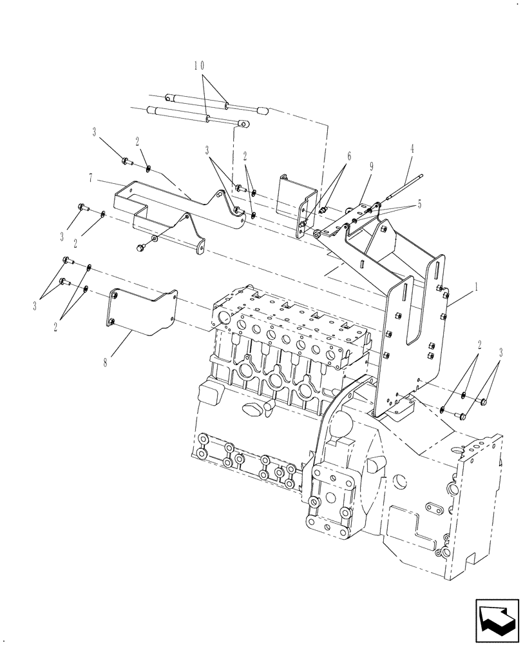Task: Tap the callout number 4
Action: pyautogui.click(x=412, y=148)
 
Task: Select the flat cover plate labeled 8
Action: pyautogui.click(x=142, y=313)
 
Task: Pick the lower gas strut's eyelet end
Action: pyautogui.click(x=243, y=123)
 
